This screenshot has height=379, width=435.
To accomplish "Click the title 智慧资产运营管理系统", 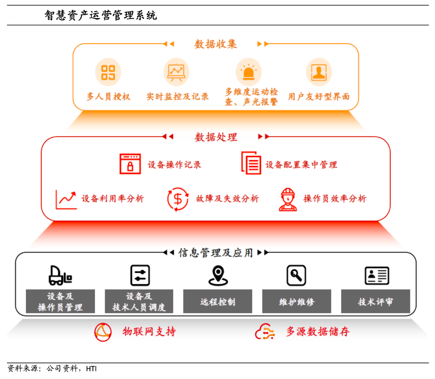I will point(100,16).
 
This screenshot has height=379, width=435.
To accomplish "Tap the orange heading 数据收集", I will point(215,44).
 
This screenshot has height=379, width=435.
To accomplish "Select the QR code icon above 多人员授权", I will point(108,72).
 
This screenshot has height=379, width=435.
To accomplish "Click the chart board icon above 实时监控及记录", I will point(176,72).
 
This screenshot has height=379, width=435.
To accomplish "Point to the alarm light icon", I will point(249,72).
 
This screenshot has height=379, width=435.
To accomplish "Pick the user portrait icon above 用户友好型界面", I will point(318,72).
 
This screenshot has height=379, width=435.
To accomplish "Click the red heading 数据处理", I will point(216,137).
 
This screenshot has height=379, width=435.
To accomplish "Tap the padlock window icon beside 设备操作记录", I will point(130,164).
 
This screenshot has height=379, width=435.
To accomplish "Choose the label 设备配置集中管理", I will point(301,164).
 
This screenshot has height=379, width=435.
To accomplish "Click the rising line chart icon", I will point(66,199).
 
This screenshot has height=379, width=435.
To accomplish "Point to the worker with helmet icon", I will point(288,199).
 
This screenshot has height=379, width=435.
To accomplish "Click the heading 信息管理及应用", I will point(215,252).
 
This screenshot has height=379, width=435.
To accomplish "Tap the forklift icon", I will point(60,275).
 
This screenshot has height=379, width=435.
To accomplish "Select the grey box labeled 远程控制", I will point(217,302).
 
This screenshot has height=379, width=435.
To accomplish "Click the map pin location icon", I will point(218,275).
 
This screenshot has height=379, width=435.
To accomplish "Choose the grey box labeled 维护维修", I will point(296,302).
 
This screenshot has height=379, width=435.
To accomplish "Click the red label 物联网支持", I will point(149,331).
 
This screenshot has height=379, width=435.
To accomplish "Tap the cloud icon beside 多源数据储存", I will point(265,331).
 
